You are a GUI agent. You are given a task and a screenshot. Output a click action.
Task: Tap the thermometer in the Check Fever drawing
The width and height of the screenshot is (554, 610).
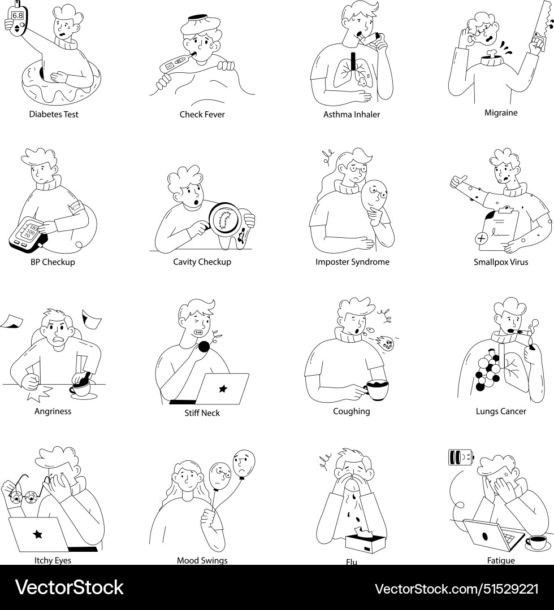click(x=174, y=64)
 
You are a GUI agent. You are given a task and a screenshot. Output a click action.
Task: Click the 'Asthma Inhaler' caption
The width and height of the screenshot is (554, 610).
click(x=351, y=115)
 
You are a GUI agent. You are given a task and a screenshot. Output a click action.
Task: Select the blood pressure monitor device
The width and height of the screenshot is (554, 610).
click(x=27, y=234)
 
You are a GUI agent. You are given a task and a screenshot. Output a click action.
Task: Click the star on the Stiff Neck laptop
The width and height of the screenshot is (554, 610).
click(x=223, y=389)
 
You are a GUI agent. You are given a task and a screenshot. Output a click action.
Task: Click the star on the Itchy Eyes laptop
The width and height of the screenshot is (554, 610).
click(x=37, y=533)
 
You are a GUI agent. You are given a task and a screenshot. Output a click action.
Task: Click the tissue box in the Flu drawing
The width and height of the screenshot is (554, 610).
click(x=366, y=541)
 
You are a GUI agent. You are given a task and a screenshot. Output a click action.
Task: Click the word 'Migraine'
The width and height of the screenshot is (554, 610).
click(x=500, y=113)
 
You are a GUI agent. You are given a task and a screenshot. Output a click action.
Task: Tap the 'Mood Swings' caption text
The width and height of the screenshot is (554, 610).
click(x=202, y=560)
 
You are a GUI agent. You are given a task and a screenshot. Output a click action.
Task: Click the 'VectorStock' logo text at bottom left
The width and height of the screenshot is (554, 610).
click(x=69, y=588)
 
